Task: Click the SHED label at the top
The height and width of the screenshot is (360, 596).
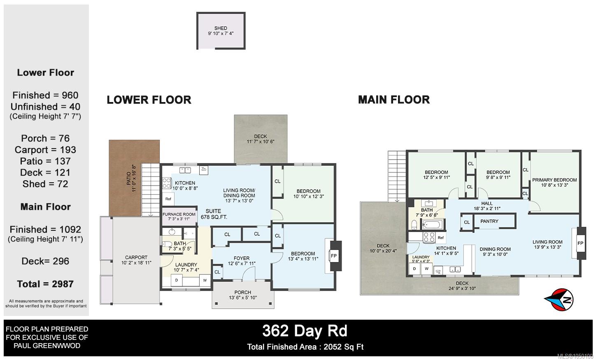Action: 221,28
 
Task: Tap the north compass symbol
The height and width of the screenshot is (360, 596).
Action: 559,300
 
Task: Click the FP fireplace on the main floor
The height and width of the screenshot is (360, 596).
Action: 580,243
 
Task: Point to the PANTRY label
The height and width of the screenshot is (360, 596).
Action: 489,221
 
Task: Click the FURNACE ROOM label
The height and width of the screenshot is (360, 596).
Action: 179,214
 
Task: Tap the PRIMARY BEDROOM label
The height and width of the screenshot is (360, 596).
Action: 554,180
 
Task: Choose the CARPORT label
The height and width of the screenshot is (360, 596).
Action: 136,258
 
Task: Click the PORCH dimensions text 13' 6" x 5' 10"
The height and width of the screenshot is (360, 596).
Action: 243,297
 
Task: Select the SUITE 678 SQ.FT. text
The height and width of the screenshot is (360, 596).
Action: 214,214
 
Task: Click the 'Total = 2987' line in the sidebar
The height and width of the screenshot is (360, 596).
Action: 45,284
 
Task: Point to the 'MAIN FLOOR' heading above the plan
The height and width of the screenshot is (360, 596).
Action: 394,100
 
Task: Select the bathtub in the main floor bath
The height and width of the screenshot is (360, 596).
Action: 432,225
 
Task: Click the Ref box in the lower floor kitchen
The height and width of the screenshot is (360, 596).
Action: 168,199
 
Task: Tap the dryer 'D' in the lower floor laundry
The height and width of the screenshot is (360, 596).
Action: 177,281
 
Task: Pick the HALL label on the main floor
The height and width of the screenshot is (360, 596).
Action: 487,203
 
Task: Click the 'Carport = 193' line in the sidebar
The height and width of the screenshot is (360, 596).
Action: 45,150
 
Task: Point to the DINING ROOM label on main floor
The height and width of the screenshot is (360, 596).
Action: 495,249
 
